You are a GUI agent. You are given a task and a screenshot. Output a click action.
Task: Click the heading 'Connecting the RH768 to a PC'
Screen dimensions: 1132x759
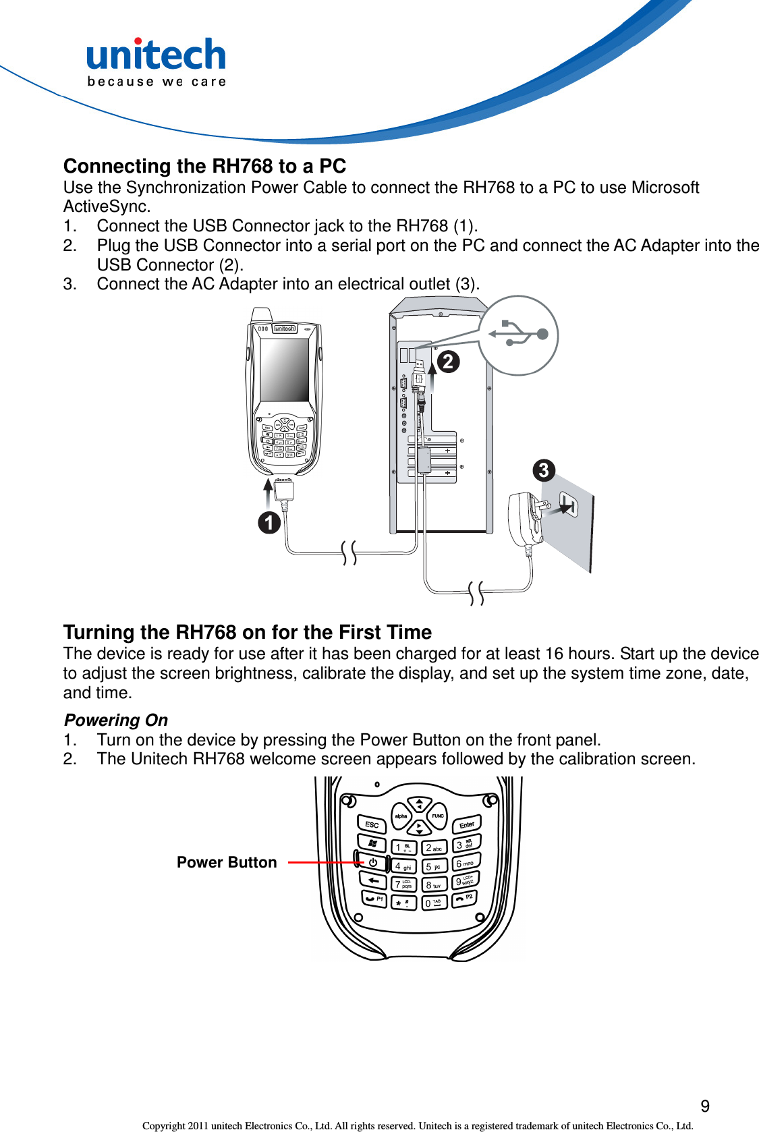pos(204,166)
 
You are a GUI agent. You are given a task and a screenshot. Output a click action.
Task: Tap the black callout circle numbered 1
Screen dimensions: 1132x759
pos(269,522)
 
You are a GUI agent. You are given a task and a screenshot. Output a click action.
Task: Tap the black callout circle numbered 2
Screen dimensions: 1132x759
pos(448,362)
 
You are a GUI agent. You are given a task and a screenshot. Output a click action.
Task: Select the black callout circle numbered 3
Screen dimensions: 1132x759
pos(544,470)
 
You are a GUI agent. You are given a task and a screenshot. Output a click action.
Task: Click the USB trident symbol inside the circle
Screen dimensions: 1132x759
pos(518,334)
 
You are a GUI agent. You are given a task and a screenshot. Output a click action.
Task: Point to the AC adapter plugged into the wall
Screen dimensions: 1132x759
pos(525,517)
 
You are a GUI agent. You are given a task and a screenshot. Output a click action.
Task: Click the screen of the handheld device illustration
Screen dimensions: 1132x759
pos(284,370)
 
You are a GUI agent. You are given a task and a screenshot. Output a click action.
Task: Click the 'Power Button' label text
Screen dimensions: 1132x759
pos(227,862)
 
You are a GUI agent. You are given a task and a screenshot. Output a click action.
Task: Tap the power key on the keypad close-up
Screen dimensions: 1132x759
pos(372,862)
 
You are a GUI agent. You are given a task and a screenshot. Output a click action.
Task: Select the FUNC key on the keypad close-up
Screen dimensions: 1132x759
pos(438,816)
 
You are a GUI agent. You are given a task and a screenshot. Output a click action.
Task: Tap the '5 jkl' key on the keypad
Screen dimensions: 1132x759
pos(434,866)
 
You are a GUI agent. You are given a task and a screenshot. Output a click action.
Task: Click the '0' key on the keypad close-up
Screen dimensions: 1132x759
pos(433,903)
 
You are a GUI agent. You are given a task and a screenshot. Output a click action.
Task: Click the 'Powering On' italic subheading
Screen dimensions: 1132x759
pos(116,720)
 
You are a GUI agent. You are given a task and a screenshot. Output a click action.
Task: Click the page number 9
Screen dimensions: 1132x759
pos(705,1106)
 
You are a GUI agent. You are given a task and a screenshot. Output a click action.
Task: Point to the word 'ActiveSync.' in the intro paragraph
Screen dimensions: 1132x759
pos(107,206)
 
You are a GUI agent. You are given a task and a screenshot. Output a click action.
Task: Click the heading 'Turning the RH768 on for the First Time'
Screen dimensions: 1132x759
pos(247,632)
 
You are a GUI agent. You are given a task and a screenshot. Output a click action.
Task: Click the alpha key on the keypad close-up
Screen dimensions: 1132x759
pos(401,816)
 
